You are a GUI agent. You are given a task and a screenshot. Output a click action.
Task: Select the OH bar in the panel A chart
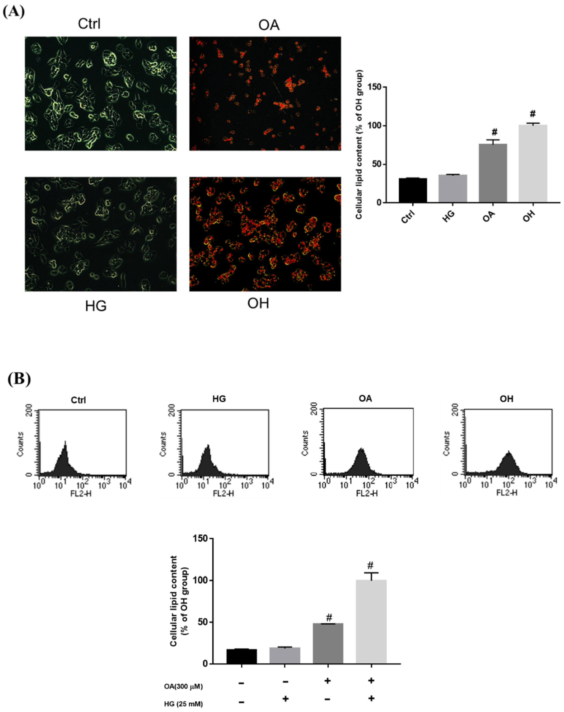(x=533, y=163)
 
